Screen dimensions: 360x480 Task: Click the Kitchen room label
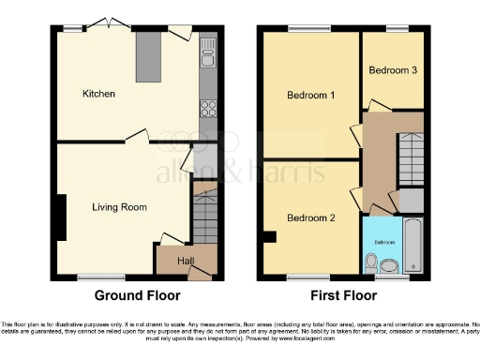[98, 94]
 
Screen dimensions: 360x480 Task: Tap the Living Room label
[119, 206]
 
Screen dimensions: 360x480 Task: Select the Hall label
[187, 260]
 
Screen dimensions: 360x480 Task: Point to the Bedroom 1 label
[309, 94]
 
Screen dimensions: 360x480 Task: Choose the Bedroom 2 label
[310, 218]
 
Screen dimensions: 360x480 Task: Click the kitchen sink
[207, 62]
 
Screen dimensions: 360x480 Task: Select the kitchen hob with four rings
[207, 108]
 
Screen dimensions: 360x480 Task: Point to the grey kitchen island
[148, 62]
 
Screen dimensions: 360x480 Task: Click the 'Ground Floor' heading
[136, 294]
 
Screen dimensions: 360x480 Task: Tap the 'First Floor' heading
[345, 294]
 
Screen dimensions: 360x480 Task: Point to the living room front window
[92, 277]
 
